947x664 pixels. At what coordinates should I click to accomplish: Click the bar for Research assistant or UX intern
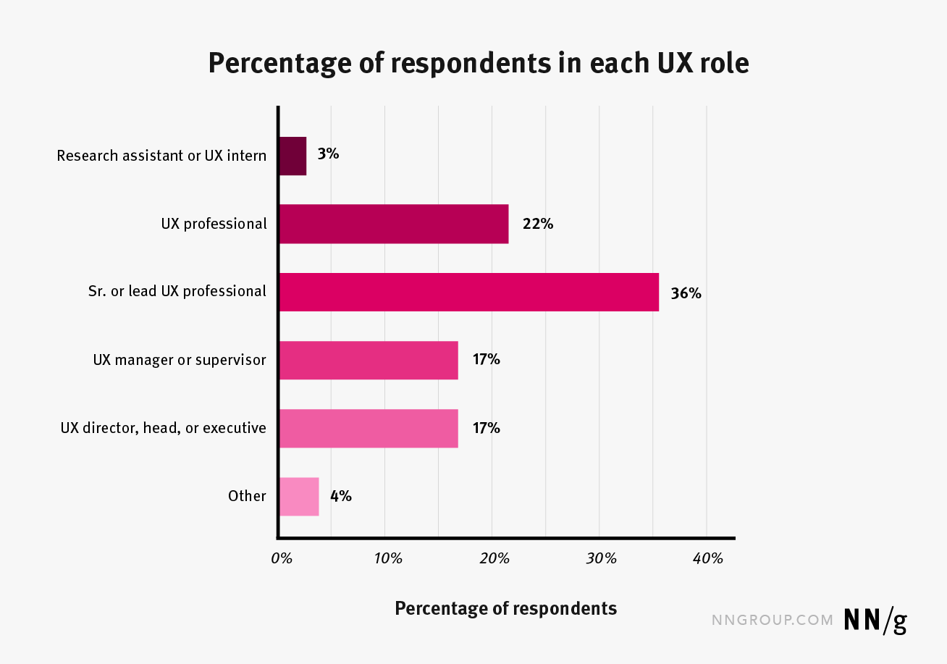coord(293,156)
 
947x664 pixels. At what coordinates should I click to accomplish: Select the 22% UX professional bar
coord(394,224)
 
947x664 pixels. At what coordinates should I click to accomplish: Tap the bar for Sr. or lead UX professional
coord(469,292)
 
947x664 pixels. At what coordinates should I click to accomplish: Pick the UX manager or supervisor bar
coord(369,360)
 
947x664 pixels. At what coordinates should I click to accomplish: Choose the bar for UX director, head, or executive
coord(369,428)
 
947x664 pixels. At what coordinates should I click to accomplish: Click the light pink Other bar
coord(299,497)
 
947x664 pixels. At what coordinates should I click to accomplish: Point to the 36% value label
coord(686,293)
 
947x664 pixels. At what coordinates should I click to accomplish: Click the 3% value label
coord(328,154)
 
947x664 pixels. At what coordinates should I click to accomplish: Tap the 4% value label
coord(341,496)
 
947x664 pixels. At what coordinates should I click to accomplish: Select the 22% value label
coord(538,224)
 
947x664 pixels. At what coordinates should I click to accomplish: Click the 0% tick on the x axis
coord(282,558)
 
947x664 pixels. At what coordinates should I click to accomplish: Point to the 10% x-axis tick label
coord(388,558)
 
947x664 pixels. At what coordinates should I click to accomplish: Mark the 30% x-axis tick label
coord(601,558)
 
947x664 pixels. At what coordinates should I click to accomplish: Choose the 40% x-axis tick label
coord(708,558)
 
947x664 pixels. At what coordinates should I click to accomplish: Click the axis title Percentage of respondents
coord(505,608)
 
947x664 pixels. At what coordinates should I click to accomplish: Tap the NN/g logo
coord(875,621)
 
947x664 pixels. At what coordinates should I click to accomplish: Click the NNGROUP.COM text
coord(773,620)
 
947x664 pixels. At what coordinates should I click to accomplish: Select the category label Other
coord(247,496)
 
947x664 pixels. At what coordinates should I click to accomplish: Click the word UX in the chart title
coord(675,63)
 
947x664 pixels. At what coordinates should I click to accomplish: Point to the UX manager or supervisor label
coord(180,360)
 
